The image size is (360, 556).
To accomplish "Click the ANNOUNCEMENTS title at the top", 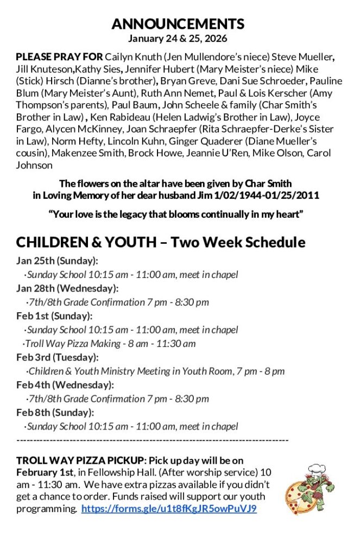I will [178, 24].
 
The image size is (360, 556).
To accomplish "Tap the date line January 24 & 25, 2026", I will [178, 39].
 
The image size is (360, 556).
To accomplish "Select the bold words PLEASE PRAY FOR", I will [59, 57].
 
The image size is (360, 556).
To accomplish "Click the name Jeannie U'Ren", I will [217, 153].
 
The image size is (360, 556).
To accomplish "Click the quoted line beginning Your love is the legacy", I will [176, 214].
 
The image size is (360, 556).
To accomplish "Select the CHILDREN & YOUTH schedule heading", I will [161, 242].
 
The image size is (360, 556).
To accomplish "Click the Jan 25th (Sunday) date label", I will [57, 261].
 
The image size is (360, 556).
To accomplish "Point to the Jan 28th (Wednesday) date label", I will [67, 288].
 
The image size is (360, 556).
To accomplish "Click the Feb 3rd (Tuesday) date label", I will [58, 357].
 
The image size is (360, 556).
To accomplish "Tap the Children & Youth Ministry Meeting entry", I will [156, 371].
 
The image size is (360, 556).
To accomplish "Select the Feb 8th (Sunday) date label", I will [55, 413].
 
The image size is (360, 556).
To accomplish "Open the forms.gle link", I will [169, 509].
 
